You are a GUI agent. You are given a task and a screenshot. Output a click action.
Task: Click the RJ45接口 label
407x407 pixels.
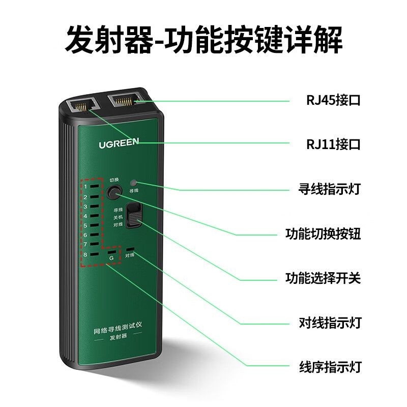[x=333, y=100]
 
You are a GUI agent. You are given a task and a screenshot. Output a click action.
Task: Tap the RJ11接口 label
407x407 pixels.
[x=333, y=144]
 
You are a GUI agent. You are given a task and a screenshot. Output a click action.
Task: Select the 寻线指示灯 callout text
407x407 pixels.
[x=330, y=189]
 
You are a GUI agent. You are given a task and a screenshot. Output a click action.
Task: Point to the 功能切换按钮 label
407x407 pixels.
[x=323, y=234]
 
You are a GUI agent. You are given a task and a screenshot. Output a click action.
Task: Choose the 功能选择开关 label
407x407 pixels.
[x=323, y=278]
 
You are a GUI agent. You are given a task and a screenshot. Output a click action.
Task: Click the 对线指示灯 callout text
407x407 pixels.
[x=330, y=323]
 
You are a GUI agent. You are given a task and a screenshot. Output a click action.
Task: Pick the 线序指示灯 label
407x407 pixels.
[x=330, y=367]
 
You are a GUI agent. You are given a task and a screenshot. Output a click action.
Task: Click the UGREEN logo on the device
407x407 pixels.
[x=119, y=143]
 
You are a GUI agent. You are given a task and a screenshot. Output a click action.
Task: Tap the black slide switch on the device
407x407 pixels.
[x=134, y=215]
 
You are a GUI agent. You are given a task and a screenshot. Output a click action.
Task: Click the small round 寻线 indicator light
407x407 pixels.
[x=133, y=183]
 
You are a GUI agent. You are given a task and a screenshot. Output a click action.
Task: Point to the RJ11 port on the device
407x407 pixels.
[x=83, y=105]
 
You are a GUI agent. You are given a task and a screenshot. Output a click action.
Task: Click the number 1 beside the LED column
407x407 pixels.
[x=85, y=186]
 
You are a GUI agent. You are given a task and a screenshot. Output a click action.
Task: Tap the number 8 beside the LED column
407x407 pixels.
[x=85, y=255]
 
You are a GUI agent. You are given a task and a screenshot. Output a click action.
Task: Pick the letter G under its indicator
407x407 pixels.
[x=111, y=258]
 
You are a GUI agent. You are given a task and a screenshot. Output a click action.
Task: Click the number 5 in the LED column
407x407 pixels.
[x=85, y=225]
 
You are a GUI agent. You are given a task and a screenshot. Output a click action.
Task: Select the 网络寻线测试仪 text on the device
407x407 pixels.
[x=118, y=328]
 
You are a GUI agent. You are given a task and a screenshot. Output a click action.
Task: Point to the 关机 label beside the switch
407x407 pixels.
[x=118, y=217]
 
